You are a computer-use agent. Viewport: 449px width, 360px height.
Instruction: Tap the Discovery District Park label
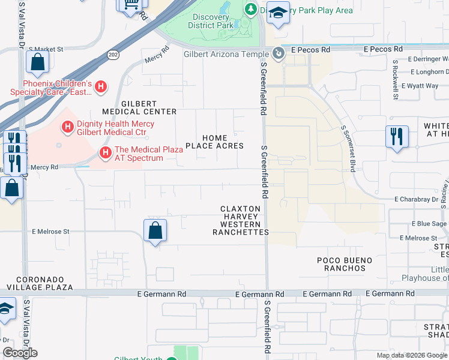point(210,21)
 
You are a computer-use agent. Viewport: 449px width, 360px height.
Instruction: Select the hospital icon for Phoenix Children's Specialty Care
point(101,87)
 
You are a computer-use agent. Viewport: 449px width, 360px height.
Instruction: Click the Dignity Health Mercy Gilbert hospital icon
point(68,127)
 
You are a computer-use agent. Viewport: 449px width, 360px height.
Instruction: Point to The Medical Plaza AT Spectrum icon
point(106,154)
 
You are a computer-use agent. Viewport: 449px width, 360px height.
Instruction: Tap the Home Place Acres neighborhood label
point(214,142)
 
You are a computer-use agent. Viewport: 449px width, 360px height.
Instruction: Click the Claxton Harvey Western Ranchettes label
point(240,220)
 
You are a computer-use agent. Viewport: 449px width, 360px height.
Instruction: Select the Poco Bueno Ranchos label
point(345,264)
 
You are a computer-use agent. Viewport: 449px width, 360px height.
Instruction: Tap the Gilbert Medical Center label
point(139,107)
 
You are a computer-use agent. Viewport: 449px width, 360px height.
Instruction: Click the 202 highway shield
point(113,54)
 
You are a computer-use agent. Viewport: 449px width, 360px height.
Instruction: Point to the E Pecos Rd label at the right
point(382,49)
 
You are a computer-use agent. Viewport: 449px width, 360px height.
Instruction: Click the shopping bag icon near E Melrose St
point(155,230)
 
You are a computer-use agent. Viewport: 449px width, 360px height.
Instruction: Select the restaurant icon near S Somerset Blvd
point(397,137)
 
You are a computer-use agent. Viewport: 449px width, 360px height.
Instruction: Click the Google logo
point(20,353)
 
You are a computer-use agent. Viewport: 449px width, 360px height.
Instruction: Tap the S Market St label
point(46,49)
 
